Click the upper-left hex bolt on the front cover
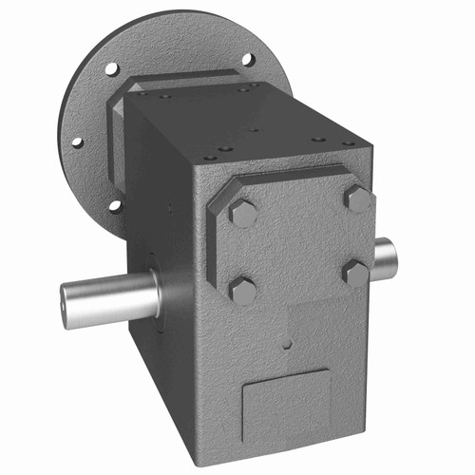coord(243,213)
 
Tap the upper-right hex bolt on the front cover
coord(358,198)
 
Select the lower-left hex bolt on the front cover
coord(242,290)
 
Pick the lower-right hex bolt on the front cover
coord(355,274)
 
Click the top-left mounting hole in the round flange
coord(111,69)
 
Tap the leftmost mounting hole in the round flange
coord(76,142)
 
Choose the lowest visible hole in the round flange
coord(115,205)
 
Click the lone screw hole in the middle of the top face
coord(253,130)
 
